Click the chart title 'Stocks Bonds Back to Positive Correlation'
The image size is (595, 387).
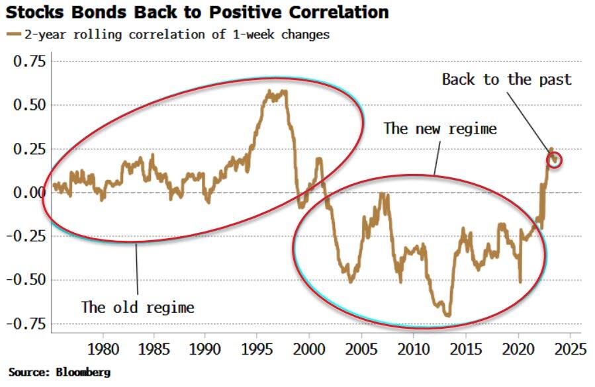(x=199, y=13)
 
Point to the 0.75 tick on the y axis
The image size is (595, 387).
(x=30, y=62)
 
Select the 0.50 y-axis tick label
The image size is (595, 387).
(x=30, y=105)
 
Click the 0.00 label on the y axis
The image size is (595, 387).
(x=30, y=193)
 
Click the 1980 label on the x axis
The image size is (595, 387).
(x=103, y=348)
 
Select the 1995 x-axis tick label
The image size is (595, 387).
(x=257, y=348)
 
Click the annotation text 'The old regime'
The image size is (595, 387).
(x=138, y=307)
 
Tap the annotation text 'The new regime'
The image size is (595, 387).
(x=439, y=128)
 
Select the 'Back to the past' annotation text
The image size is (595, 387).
(x=506, y=80)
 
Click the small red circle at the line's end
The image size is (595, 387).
(x=555, y=159)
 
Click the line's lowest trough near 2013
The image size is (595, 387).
(x=448, y=316)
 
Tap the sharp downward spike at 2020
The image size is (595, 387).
(x=520, y=282)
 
